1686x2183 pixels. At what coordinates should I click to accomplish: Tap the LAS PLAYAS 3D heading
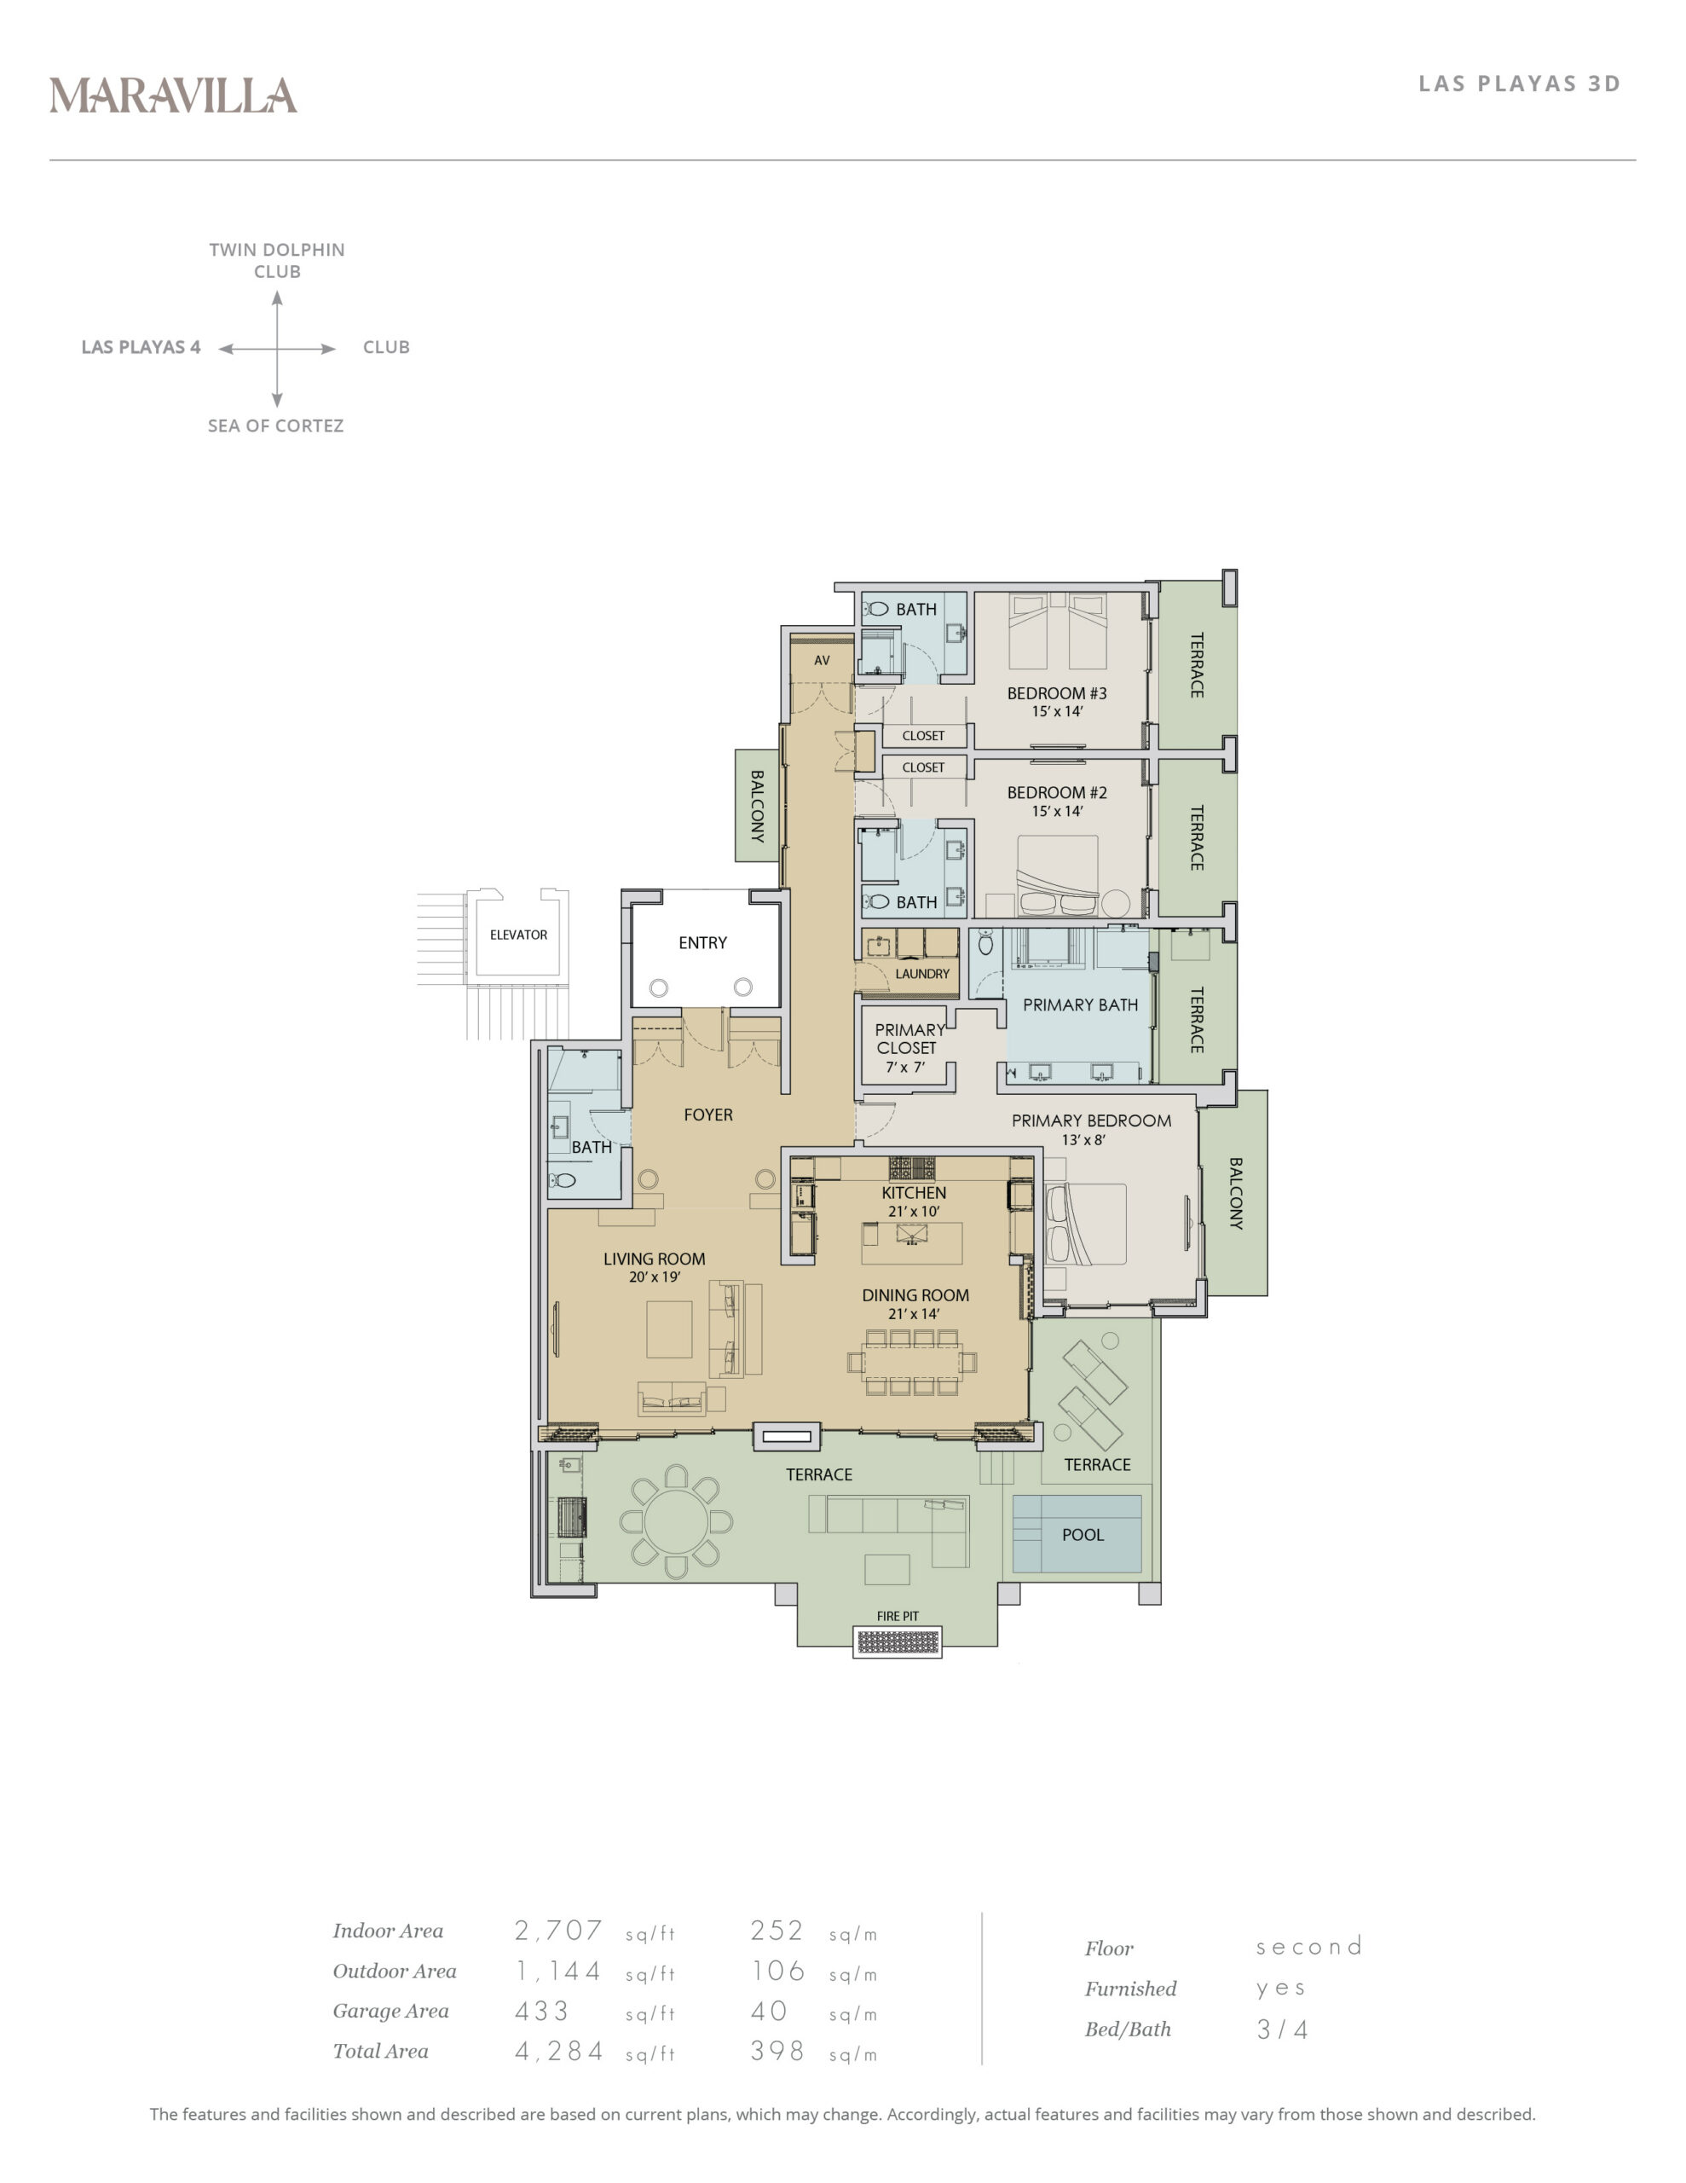1519,84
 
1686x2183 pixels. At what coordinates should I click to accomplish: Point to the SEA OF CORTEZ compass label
276,426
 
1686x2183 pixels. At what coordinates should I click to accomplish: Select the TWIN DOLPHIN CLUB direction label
277,260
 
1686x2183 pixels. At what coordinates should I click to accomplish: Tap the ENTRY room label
702,942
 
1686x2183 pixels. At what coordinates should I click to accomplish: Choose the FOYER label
707,1115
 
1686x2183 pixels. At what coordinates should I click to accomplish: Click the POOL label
1083,1534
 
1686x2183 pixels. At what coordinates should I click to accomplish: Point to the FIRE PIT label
898,1616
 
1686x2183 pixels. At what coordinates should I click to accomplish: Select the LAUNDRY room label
922,974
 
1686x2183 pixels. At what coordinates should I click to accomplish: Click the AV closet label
822,661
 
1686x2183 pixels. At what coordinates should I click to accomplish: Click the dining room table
911,1361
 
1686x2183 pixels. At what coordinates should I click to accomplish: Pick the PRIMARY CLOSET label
909,1039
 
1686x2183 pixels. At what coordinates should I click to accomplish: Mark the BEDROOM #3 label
1056,692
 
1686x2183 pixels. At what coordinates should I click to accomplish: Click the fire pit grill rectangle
898,1642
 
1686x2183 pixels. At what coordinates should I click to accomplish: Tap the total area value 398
777,2050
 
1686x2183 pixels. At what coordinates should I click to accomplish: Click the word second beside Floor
1309,1946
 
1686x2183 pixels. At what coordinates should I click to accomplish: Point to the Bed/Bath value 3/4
1282,2029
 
